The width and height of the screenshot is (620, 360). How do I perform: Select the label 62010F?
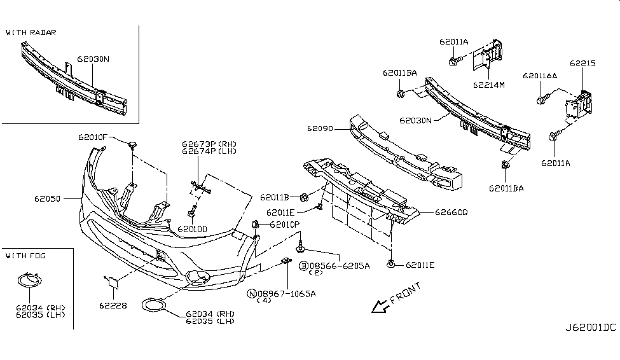(x=93, y=137)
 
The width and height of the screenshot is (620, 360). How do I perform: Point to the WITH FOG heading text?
(x=25, y=256)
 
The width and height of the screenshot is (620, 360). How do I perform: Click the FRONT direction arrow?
(x=381, y=305)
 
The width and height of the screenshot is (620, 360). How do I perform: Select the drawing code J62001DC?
(x=591, y=328)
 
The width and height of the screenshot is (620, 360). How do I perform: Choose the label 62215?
(x=582, y=63)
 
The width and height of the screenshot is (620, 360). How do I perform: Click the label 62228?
(x=113, y=305)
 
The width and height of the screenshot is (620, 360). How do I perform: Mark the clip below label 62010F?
(x=132, y=146)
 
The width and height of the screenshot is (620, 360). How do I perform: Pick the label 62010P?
(x=284, y=225)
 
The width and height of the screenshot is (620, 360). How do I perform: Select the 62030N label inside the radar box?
(x=93, y=59)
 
